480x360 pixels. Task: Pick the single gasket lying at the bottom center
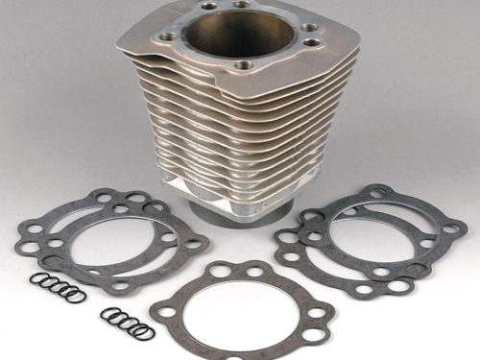point(240,307)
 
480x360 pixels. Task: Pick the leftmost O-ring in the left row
point(36,278)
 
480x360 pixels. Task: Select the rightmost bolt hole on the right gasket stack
point(450,228)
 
